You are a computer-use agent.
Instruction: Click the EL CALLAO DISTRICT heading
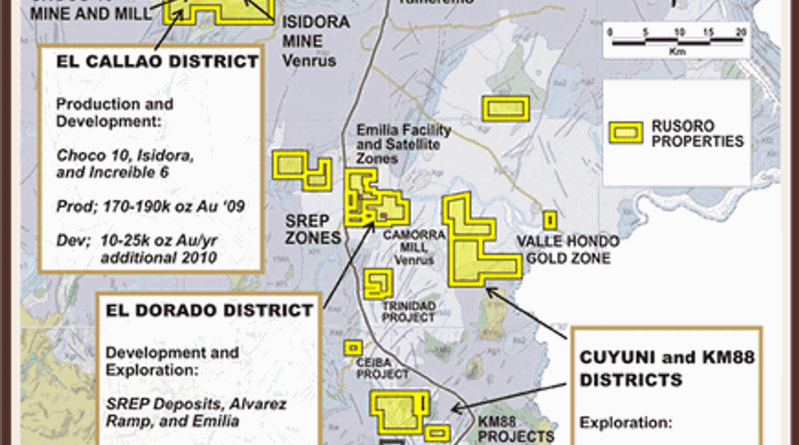[157, 62]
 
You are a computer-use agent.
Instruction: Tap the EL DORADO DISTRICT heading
[209, 310]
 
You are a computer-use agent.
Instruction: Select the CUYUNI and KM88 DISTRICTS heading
[666, 369]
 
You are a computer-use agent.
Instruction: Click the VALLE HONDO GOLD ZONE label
[567, 250]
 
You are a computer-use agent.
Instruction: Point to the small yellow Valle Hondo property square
[550, 220]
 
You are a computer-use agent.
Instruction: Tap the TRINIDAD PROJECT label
[408, 311]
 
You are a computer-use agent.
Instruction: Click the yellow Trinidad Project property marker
[376, 283]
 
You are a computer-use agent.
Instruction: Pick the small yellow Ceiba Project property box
[353, 347]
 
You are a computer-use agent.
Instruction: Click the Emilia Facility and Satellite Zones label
[403, 145]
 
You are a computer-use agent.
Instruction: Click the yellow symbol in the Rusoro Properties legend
[627, 133]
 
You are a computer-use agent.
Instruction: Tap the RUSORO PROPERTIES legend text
[697, 134]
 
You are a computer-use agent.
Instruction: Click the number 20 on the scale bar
[741, 32]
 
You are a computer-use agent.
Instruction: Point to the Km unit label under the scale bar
[676, 50]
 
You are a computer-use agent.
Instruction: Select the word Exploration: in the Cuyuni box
[625, 421]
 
